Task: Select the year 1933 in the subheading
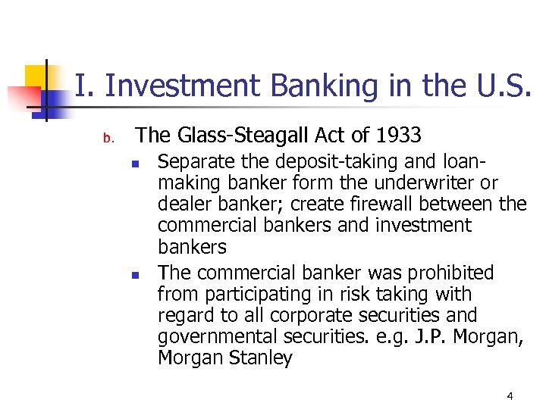397,136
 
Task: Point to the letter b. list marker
108,138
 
